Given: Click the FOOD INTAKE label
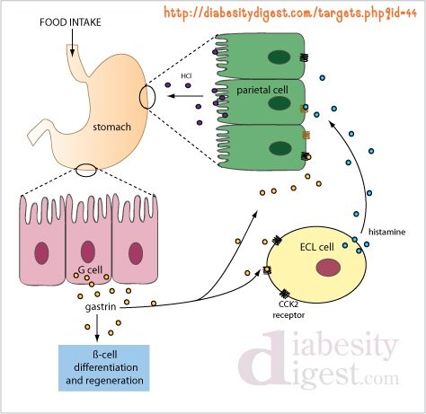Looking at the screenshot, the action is click(x=70, y=22).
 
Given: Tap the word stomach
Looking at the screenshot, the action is click(x=111, y=127).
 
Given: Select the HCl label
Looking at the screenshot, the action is click(x=186, y=76).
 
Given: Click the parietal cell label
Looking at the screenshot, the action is click(x=262, y=90).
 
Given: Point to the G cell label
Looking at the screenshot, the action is click(x=90, y=269).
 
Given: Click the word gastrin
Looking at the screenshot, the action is click(x=101, y=307).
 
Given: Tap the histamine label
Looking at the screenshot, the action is click(x=386, y=232).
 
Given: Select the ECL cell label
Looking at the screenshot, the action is click(x=317, y=247).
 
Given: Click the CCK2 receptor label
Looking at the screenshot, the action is click(x=288, y=310).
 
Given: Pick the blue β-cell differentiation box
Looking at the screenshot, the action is click(x=104, y=368).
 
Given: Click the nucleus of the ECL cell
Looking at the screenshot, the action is click(x=328, y=268).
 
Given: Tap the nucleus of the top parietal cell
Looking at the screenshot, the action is click(x=279, y=57).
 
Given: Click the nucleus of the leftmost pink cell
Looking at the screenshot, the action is click(x=41, y=253).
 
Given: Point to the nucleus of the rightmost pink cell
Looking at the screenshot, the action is click(x=136, y=253).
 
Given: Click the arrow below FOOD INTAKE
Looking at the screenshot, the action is click(x=72, y=42).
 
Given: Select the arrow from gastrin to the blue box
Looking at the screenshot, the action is click(x=97, y=328).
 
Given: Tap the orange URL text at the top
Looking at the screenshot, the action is click(x=290, y=13).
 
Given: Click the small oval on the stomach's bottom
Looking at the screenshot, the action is click(x=86, y=171).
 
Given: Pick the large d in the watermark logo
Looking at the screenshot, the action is click(x=262, y=357).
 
